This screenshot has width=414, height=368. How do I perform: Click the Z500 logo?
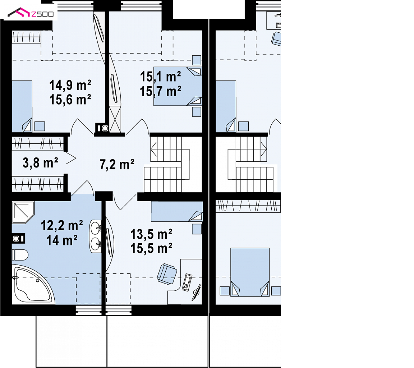(31, 13)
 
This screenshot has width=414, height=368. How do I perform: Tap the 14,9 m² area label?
(70, 85)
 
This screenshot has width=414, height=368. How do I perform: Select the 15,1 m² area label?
(161, 77)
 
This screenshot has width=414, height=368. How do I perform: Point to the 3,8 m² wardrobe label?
(40, 162)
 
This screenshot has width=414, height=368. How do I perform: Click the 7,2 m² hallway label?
(117, 165)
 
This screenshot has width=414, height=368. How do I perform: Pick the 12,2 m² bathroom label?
(62, 226)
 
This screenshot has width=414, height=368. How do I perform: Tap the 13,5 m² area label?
(151, 234)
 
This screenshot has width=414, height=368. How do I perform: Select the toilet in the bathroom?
(20, 255)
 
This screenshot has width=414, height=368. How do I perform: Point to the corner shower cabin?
(23, 213)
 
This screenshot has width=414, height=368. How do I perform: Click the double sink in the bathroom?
(96, 236)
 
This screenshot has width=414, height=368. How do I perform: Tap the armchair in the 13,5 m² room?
(167, 274)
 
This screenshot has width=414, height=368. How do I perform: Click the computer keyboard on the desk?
(187, 282)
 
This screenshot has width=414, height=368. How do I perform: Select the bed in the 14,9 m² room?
(22, 106)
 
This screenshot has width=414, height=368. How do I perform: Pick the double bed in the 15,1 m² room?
(178, 86)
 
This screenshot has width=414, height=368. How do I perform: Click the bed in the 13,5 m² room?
(177, 211)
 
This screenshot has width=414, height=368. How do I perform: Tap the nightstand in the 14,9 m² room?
(40, 126)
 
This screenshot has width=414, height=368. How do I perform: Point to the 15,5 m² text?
(151, 249)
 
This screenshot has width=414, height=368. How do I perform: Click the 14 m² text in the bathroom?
(62, 240)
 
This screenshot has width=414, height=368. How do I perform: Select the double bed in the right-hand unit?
(250, 272)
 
